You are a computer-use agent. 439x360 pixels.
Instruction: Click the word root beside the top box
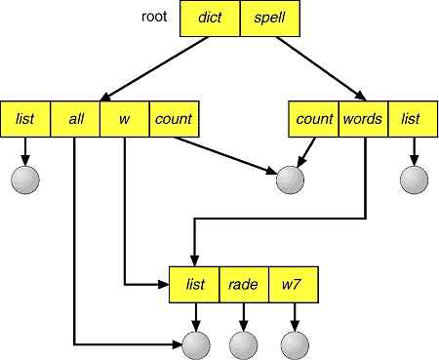click(154, 17)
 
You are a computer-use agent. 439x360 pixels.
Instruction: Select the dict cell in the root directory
click(210, 19)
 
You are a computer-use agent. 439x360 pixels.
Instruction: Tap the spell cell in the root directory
click(270, 19)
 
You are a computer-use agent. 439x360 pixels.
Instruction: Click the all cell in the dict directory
click(75, 119)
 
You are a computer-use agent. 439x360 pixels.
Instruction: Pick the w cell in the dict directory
click(125, 119)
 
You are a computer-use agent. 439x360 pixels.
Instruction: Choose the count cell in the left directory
click(174, 119)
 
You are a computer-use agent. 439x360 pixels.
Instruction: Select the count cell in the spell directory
click(314, 119)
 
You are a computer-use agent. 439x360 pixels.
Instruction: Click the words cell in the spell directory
click(363, 119)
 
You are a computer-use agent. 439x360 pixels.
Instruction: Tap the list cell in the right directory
click(413, 119)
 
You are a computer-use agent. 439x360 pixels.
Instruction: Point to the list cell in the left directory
click(25, 119)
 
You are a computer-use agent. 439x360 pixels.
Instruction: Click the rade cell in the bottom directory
click(244, 285)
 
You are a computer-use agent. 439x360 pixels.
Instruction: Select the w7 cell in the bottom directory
click(294, 285)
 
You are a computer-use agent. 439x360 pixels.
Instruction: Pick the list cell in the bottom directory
click(194, 285)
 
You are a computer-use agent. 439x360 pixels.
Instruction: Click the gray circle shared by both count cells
click(290, 180)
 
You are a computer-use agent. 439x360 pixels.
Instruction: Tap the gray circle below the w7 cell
click(295, 345)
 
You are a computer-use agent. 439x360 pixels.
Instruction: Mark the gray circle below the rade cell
click(244, 345)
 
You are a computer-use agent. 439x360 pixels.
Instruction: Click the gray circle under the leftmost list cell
click(25, 180)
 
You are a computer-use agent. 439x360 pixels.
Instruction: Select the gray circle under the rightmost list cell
click(414, 180)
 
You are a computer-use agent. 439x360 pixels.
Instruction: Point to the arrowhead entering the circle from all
click(178, 344)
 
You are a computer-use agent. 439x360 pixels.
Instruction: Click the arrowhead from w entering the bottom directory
click(163, 285)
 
